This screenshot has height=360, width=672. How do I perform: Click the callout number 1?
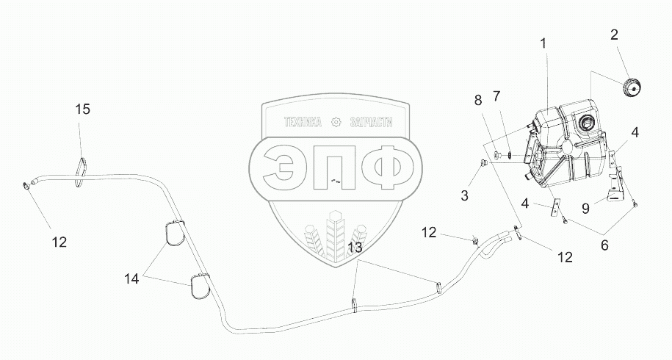tap(544, 44)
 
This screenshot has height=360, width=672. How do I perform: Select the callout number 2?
tap(615, 34)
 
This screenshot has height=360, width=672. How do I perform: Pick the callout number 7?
tap(496, 96)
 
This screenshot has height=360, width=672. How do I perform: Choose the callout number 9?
tap(586, 209)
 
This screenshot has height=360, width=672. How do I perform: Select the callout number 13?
tap(355, 248)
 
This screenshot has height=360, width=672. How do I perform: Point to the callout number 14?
tap(131, 279)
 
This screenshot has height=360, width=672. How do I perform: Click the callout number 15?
tap(82, 109)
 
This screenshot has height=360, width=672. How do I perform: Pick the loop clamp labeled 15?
tap(81, 168)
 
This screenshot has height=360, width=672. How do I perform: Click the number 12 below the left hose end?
tap(59, 242)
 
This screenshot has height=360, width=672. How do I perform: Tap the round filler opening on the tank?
tap(587, 123)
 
